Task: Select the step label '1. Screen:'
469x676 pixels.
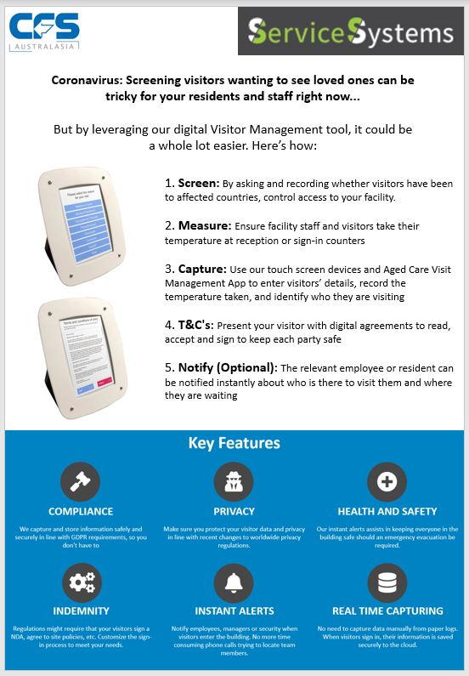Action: [x=190, y=183]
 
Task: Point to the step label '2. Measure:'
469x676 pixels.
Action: [x=197, y=226]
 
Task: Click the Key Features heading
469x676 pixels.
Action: [x=234, y=444]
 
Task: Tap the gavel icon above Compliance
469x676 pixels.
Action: [x=81, y=481]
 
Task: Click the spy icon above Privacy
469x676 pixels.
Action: [x=234, y=481]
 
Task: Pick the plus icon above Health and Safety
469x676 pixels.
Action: [x=387, y=481]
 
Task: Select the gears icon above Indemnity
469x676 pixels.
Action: [x=81, y=582]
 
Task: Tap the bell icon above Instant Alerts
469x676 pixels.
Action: [x=234, y=582]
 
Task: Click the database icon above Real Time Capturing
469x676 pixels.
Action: [x=387, y=582]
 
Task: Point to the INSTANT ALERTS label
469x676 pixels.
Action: [x=234, y=611]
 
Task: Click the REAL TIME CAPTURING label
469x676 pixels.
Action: [x=387, y=611]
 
